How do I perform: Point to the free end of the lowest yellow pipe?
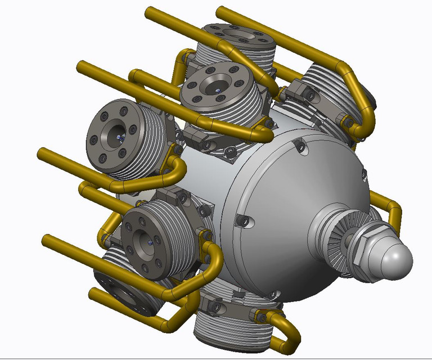pyautogui.click(x=93, y=292)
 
